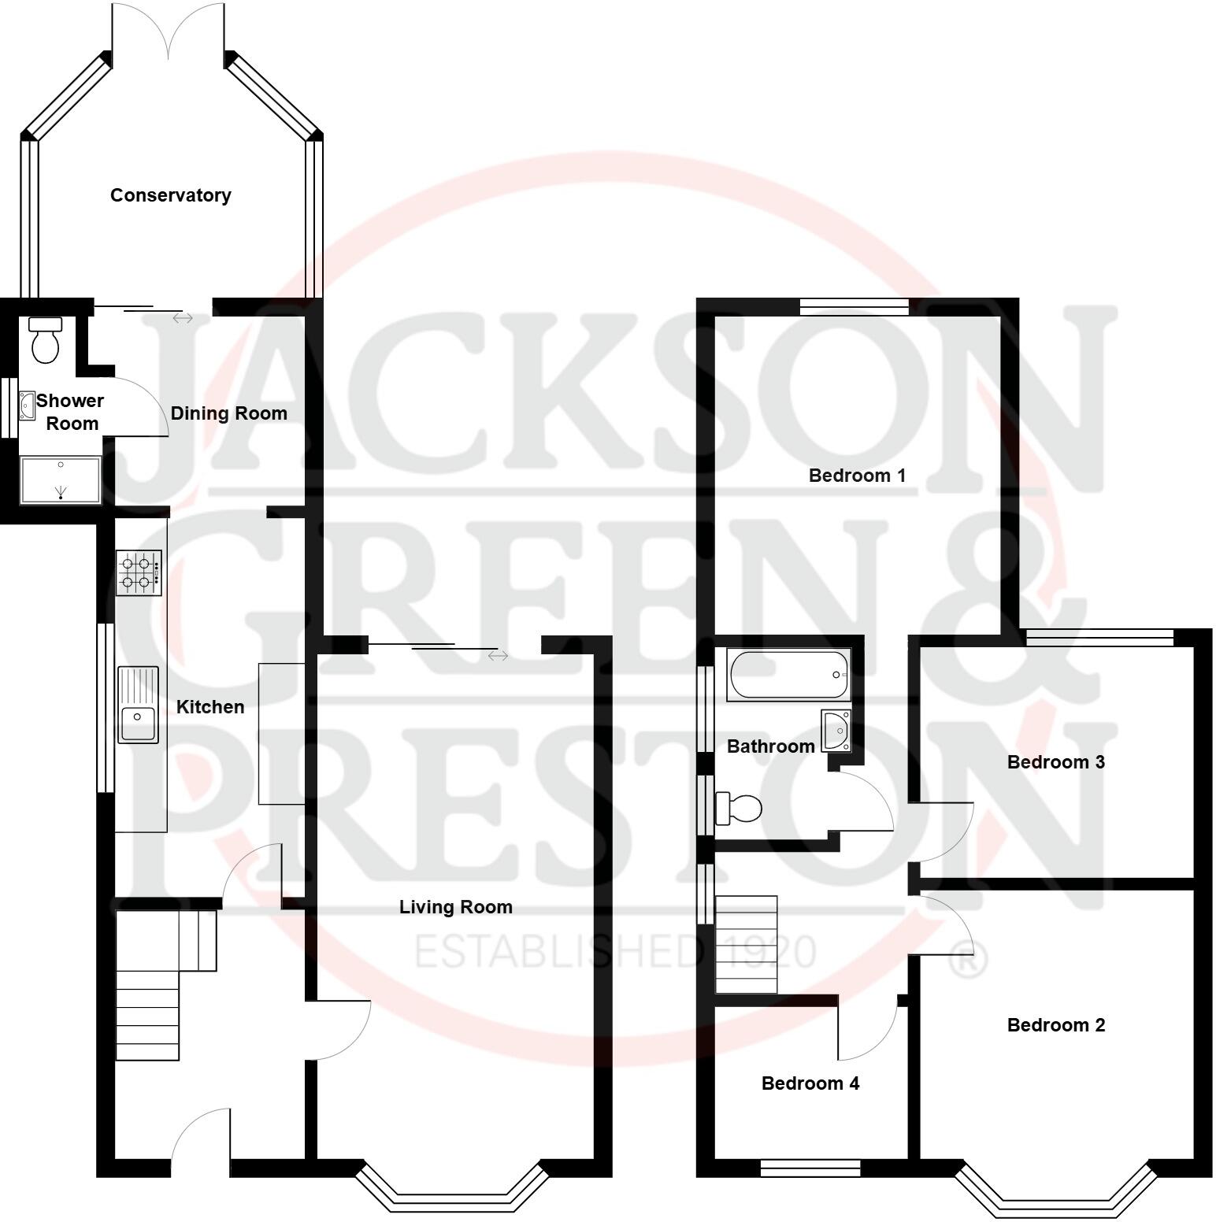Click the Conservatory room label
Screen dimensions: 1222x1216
click(170, 195)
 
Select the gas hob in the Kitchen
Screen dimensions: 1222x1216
click(139, 572)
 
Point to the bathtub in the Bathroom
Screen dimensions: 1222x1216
click(788, 675)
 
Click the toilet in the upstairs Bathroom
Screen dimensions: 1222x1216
click(740, 809)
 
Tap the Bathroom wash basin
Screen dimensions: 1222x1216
click(836, 730)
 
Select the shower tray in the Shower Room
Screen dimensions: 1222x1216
click(61, 480)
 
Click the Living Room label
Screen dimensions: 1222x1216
click(455, 907)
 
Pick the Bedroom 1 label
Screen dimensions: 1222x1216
click(857, 476)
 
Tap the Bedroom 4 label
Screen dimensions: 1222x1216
click(810, 1083)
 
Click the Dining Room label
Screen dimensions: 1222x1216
click(228, 413)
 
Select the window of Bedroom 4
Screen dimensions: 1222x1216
click(810, 1168)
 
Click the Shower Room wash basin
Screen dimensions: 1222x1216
click(28, 405)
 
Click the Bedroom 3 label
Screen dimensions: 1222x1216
click(1055, 762)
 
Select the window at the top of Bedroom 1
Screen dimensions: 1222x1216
click(854, 306)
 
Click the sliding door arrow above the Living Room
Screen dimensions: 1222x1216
click(498, 655)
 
